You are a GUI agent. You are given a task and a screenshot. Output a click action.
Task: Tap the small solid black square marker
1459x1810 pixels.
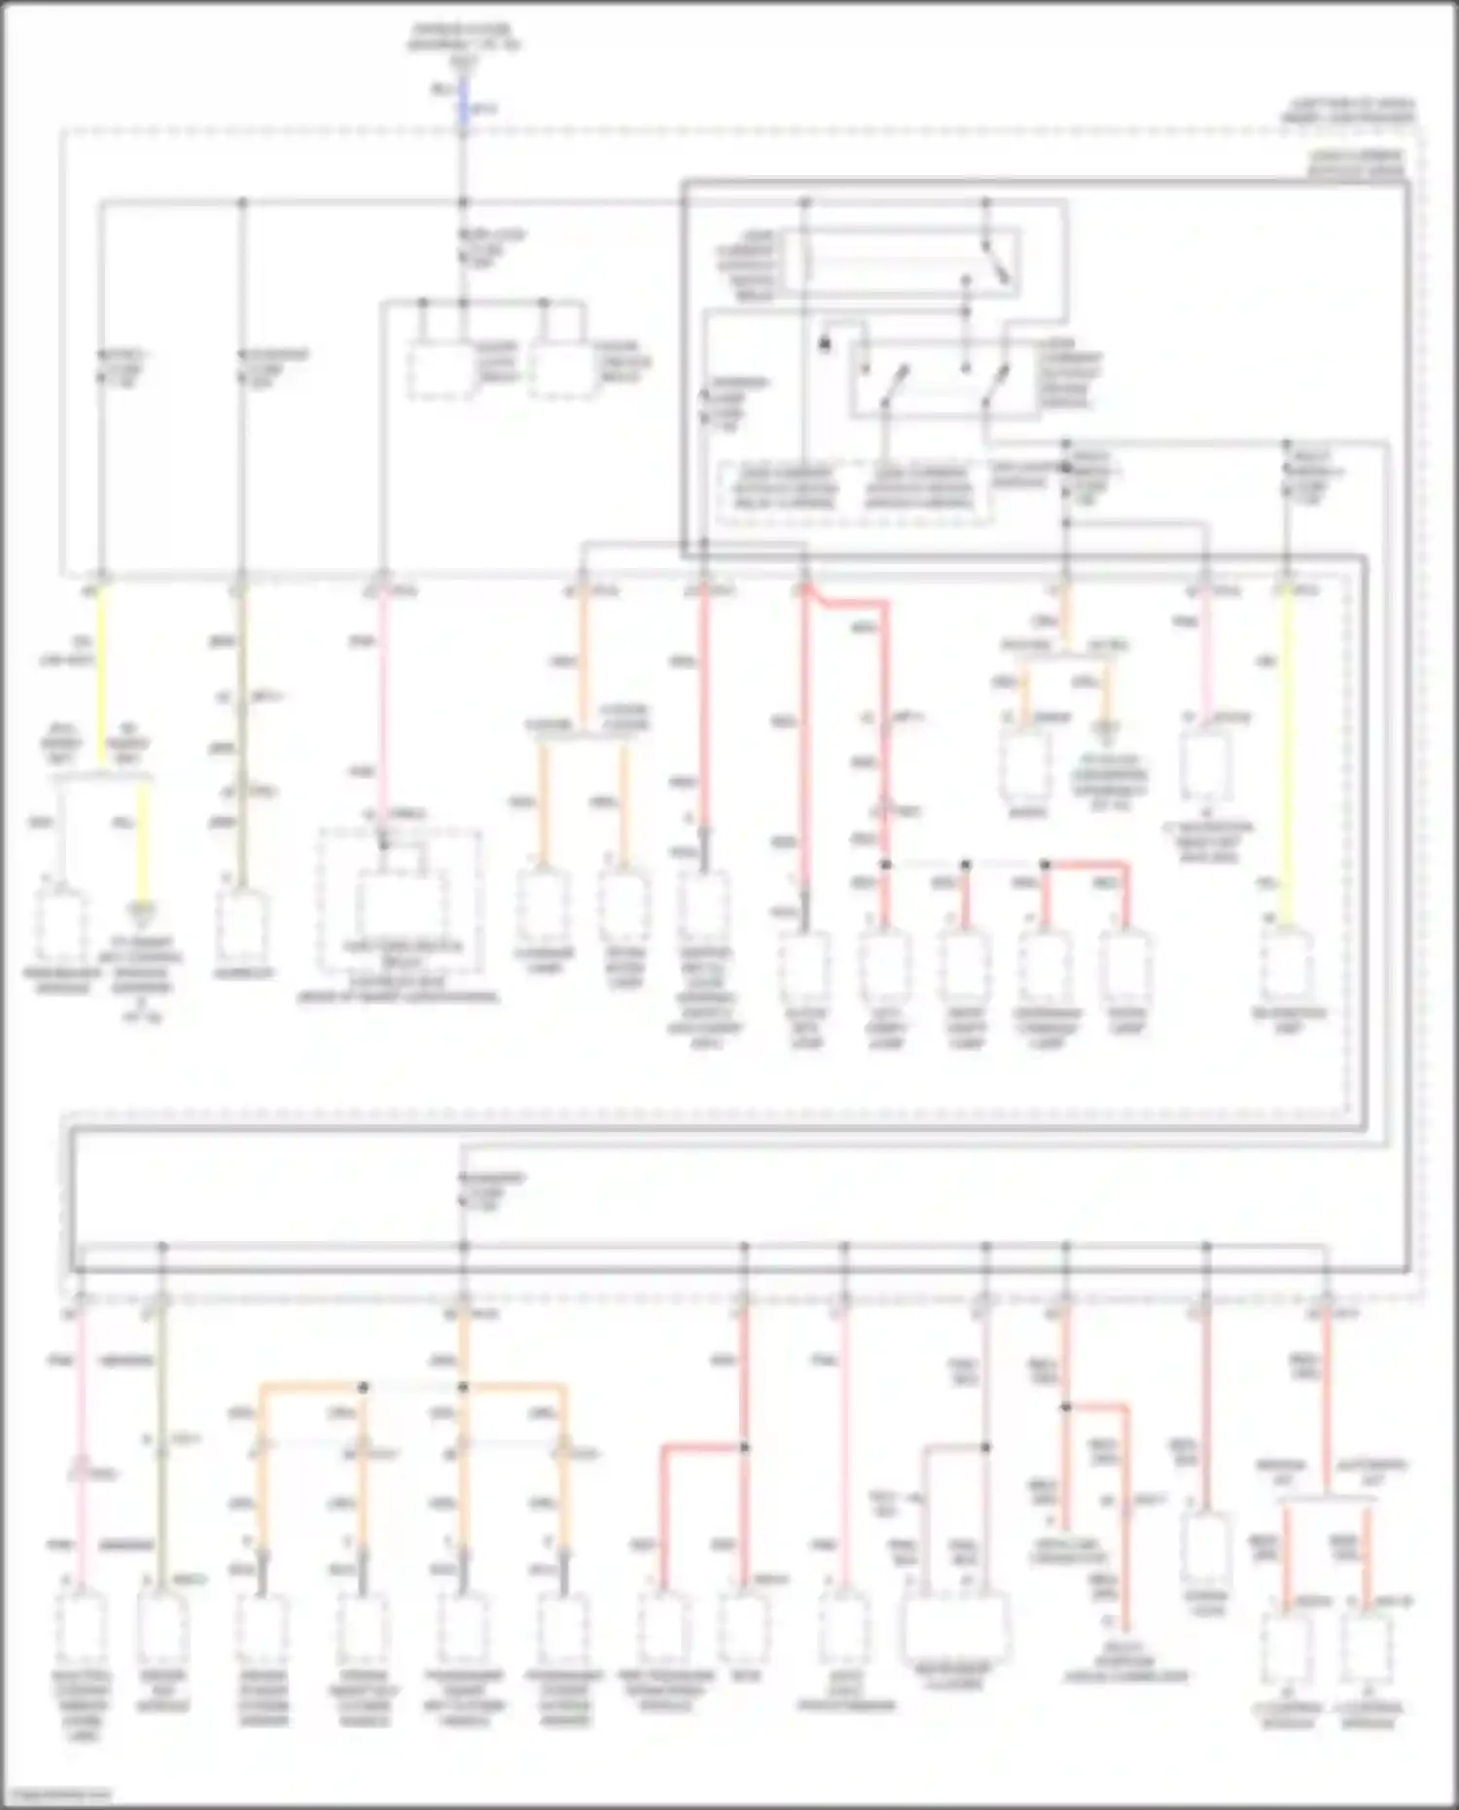[x=825, y=343]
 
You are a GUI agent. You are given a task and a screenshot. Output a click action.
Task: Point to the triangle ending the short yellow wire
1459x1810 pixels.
[x=143, y=911]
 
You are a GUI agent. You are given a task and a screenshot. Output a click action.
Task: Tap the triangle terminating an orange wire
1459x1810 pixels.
[x=1106, y=727]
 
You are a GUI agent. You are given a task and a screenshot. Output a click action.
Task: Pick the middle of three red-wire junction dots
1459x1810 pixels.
[x=965, y=864]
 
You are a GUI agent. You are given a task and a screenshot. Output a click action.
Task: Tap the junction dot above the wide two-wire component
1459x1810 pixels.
[x=985, y=1447]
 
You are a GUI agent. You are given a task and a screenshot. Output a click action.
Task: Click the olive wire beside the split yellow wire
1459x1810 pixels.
[x=241, y=739]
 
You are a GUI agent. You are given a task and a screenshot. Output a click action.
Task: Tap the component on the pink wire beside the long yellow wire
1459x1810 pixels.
[x=1206, y=768]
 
